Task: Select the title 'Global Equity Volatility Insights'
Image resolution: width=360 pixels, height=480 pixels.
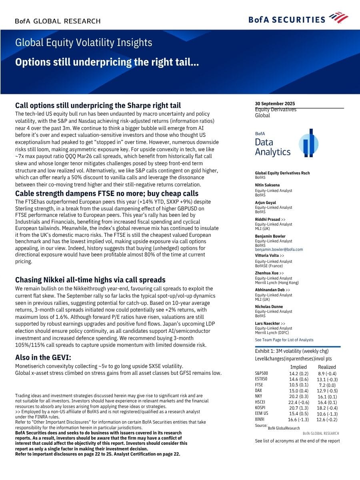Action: tap(84, 43)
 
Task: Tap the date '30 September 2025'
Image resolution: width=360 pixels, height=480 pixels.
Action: tap(275, 104)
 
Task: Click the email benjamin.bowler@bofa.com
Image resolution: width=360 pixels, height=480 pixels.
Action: tap(279, 249)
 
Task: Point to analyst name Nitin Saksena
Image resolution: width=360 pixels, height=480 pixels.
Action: tap(267, 185)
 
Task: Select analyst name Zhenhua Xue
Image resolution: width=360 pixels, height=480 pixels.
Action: tap(267, 273)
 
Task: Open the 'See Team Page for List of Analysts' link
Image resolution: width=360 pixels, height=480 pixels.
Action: tap(284, 340)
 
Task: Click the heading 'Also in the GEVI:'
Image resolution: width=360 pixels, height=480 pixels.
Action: tap(43, 357)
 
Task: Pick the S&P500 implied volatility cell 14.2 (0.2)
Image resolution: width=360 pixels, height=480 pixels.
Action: tap(298, 374)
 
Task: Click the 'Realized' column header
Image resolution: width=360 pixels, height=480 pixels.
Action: tap(327, 367)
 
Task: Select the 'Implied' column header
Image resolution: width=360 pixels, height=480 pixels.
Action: tap(298, 367)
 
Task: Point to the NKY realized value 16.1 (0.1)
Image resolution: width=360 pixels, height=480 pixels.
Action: tap(327, 396)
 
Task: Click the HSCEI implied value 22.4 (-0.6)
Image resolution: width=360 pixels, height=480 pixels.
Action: tap(298, 402)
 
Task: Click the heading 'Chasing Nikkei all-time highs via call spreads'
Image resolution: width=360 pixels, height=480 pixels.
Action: tap(90, 280)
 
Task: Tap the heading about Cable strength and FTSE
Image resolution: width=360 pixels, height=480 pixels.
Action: tap(106, 194)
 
